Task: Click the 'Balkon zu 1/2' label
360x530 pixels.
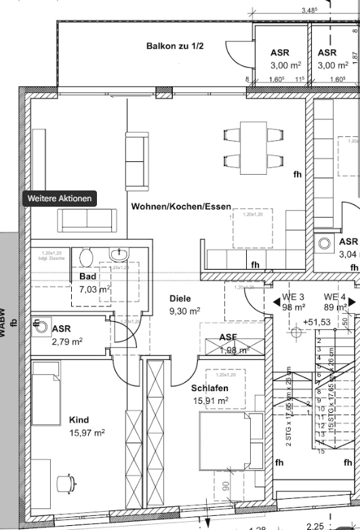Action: click(175, 46)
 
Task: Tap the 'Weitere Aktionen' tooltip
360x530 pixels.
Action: click(60, 199)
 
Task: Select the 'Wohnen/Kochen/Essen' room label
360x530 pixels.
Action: click(181, 207)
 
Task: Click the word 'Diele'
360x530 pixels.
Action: click(180, 298)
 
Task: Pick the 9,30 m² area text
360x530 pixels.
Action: click(184, 311)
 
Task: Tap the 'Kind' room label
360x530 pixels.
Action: click(79, 420)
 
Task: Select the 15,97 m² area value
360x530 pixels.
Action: click(87, 433)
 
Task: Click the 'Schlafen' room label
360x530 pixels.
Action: click(209, 388)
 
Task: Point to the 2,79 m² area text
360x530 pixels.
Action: click(67, 342)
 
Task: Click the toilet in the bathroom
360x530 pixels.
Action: click(86, 258)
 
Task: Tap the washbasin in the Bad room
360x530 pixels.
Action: click(120, 255)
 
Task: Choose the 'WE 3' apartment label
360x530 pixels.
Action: click(293, 298)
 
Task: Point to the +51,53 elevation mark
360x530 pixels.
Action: click(317, 322)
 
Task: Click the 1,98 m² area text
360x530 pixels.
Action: click(234, 350)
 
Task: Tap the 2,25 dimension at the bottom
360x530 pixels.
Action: click(316, 525)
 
